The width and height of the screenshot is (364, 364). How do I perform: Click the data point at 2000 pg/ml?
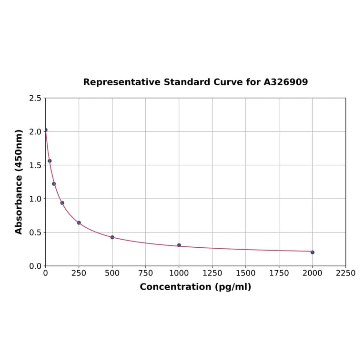[x=312, y=252]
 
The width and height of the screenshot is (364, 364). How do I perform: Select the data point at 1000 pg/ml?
[x=179, y=245]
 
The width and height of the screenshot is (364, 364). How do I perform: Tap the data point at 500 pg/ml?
[x=112, y=237]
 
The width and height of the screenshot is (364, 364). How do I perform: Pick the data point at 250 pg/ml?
[x=79, y=222]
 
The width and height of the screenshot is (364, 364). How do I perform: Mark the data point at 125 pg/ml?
[x=62, y=203]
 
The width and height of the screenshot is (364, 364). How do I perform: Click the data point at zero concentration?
[x=46, y=130]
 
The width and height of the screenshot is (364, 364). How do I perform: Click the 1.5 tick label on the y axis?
[x=35, y=165]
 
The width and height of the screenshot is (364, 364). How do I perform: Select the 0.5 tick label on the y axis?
[x=35, y=233]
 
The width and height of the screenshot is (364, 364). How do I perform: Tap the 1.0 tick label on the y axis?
[x=35, y=199]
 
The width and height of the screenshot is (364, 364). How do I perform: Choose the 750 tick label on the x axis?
[x=146, y=273]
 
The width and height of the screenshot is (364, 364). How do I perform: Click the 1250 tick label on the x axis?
[x=212, y=273]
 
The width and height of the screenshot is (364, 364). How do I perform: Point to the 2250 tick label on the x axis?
[x=346, y=273]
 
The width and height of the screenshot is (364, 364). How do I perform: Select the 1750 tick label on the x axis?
[x=279, y=273]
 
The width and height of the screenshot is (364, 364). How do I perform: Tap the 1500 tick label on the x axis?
[x=246, y=273]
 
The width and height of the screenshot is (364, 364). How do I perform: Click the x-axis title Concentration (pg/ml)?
[x=195, y=287]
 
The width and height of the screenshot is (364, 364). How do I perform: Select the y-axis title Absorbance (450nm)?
[x=19, y=182]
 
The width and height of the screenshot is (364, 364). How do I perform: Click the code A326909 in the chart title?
[x=286, y=82]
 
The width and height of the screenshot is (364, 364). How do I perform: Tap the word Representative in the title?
[x=121, y=82]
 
